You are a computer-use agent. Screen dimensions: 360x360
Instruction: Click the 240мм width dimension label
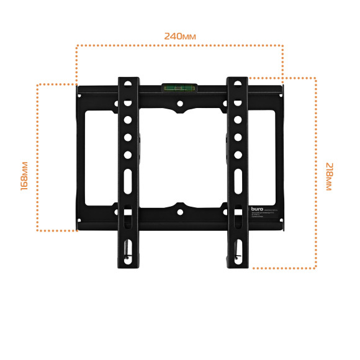click(180, 36)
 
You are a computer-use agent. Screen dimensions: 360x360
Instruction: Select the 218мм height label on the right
click(328, 177)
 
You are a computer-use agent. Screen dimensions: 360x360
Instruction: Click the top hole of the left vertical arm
click(127, 83)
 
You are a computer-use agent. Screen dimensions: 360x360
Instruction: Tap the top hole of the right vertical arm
click(236, 83)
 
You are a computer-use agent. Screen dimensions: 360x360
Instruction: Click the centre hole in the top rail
click(180, 104)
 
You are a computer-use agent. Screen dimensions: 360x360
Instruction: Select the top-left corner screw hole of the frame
click(79, 94)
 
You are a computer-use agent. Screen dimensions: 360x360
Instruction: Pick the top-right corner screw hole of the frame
click(280, 94)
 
